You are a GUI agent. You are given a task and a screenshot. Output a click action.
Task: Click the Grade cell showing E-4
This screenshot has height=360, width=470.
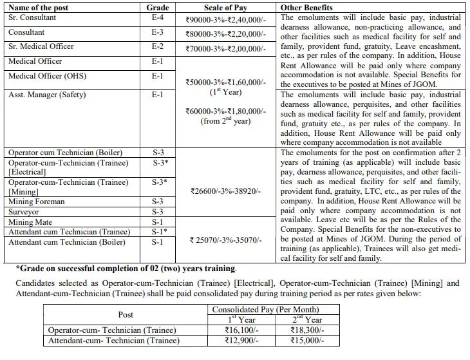157,17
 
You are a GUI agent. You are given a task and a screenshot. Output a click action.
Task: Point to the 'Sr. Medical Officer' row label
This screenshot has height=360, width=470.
41,46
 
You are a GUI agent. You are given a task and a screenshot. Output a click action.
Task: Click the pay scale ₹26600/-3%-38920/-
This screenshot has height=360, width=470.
224,191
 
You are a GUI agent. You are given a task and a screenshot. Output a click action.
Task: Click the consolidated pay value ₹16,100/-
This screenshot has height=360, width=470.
238,328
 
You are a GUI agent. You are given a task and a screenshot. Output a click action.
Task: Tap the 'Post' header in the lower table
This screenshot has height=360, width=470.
127,314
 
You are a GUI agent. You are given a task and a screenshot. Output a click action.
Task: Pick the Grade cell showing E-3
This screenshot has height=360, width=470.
157,32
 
